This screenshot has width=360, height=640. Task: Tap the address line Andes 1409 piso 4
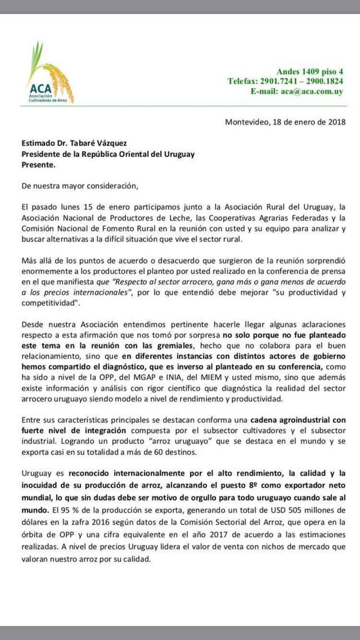309,72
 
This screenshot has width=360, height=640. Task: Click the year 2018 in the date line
336,122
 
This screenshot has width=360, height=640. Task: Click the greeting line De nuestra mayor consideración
81,186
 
